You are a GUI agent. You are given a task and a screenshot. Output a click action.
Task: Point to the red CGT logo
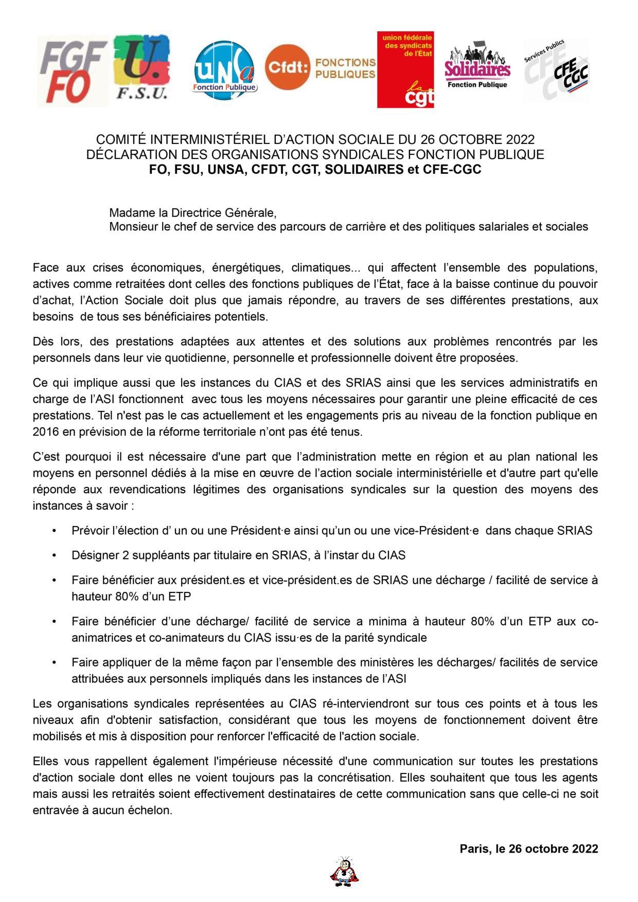coord(405,69)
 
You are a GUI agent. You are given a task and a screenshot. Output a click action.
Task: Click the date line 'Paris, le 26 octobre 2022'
coord(528,849)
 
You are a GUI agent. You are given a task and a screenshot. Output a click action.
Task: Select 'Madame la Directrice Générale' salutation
coord(193,213)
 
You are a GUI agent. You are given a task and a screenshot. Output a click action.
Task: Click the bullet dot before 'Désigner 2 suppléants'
coord(55,555)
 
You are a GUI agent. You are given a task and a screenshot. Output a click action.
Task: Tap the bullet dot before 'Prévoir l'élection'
coord(55,531)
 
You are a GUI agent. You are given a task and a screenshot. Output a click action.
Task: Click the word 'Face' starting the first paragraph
coord(46,267)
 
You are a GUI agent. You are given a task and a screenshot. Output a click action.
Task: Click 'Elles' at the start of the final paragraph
coord(46,761)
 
